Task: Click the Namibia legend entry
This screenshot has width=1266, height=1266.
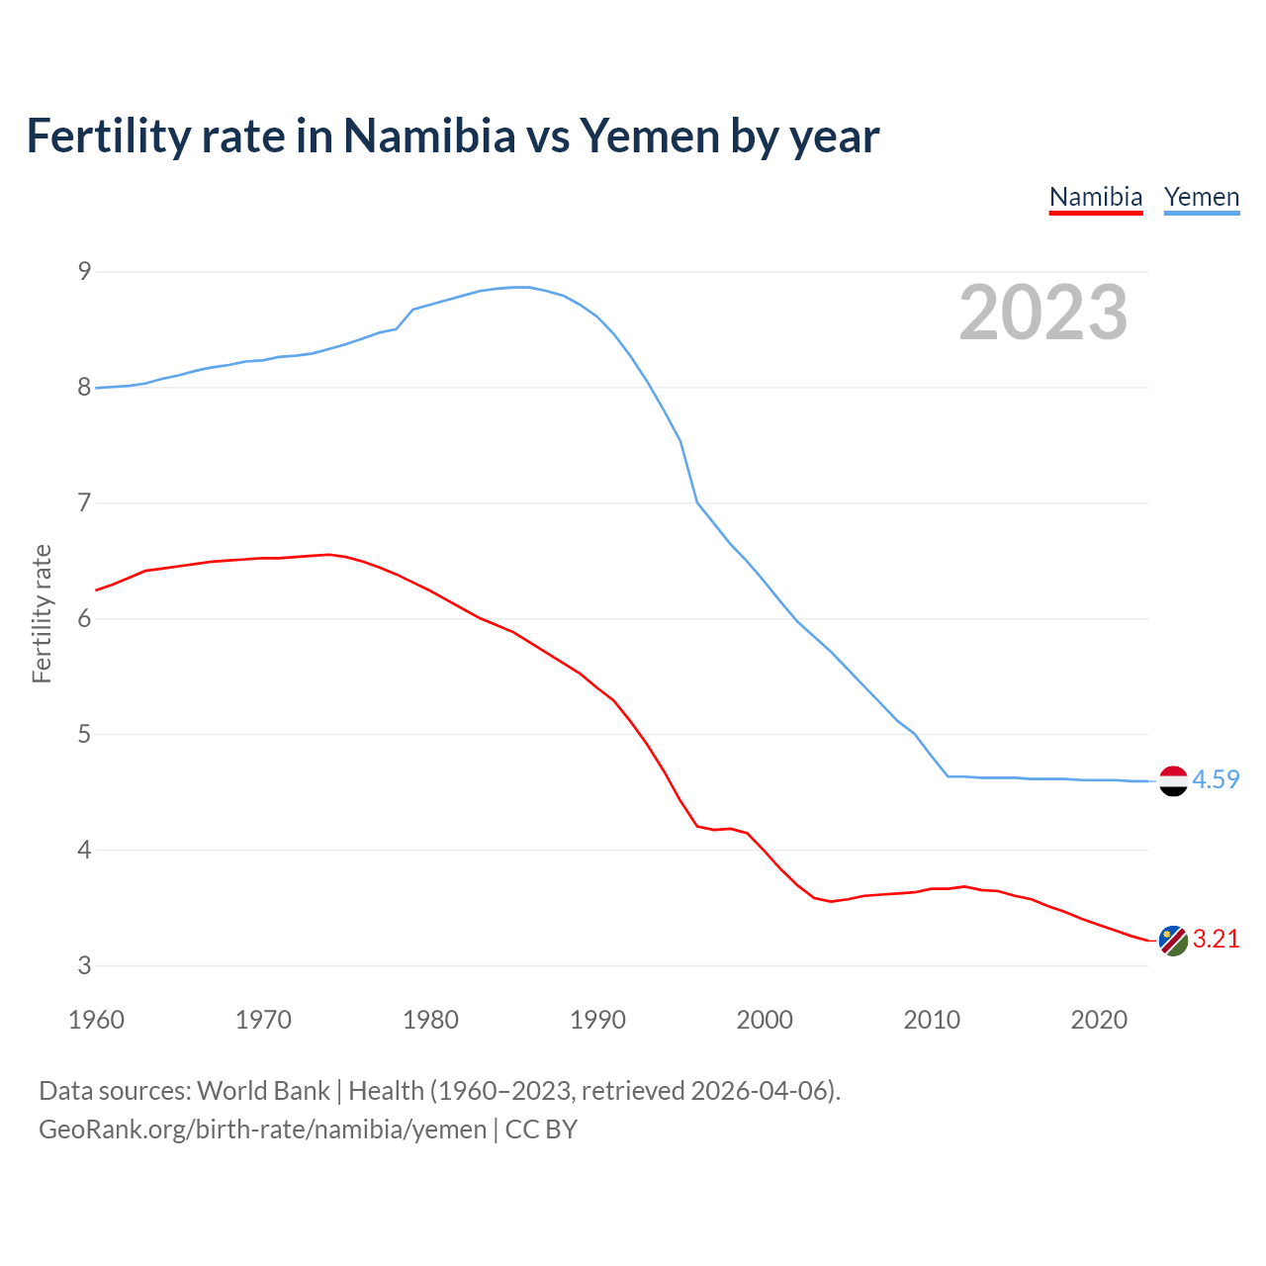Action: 1095,197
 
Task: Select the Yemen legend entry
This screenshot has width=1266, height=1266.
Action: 1201,197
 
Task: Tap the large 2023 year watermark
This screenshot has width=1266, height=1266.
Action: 1042,313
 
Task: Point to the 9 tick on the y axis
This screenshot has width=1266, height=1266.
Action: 84,271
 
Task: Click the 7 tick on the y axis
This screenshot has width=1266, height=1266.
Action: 84,502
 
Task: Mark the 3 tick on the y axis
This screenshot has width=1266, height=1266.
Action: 84,965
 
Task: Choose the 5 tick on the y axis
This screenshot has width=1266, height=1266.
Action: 84,734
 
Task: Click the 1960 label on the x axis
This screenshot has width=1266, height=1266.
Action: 96,1020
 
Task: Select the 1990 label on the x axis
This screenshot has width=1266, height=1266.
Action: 597,1020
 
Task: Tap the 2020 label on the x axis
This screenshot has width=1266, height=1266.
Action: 1099,1020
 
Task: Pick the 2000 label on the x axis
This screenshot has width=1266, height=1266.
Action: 765,1020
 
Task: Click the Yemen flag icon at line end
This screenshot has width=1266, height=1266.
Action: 1173,780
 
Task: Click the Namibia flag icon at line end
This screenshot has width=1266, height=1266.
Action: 1173,941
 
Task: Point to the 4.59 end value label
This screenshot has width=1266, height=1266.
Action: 1216,779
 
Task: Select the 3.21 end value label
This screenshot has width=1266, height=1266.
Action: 1216,939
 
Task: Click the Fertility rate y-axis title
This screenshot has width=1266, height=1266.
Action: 42,613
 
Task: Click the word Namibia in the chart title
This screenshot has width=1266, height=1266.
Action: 429,136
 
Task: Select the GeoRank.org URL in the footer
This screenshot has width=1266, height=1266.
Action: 262,1130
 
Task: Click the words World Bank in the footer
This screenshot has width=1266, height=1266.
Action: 263,1091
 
